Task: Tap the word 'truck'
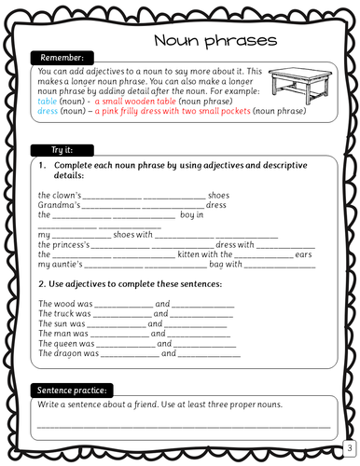pos(64,314)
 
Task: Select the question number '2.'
pos(43,284)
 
